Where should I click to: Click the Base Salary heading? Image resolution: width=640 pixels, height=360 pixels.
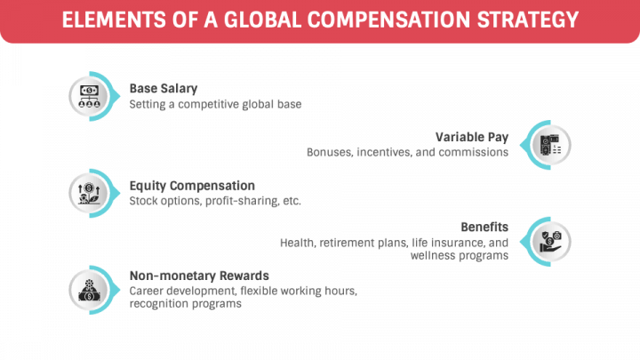[164, 89]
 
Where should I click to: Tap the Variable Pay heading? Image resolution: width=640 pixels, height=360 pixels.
[472, 137]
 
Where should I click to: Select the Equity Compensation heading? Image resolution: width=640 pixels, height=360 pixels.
[192, 186]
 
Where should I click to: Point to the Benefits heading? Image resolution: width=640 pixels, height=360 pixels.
[484, 227]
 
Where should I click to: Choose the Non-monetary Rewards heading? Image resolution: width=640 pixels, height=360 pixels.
[199, 276]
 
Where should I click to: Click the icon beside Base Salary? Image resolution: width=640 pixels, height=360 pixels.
[89, 97]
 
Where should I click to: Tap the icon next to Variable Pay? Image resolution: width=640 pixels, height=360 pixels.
[550, 145]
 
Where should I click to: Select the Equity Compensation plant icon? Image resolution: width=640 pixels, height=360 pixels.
[89, 194]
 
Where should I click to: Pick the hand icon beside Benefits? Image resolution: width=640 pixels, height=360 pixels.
[550, 242]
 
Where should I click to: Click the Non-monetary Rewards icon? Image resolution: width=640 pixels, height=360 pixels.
[89, 290]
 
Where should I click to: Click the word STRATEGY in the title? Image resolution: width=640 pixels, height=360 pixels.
[528, 20]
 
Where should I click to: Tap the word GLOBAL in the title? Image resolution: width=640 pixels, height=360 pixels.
[263, 20]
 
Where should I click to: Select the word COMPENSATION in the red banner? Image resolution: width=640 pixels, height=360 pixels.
[389, 20]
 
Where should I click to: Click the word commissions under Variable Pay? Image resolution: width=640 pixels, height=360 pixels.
[474, 152]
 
